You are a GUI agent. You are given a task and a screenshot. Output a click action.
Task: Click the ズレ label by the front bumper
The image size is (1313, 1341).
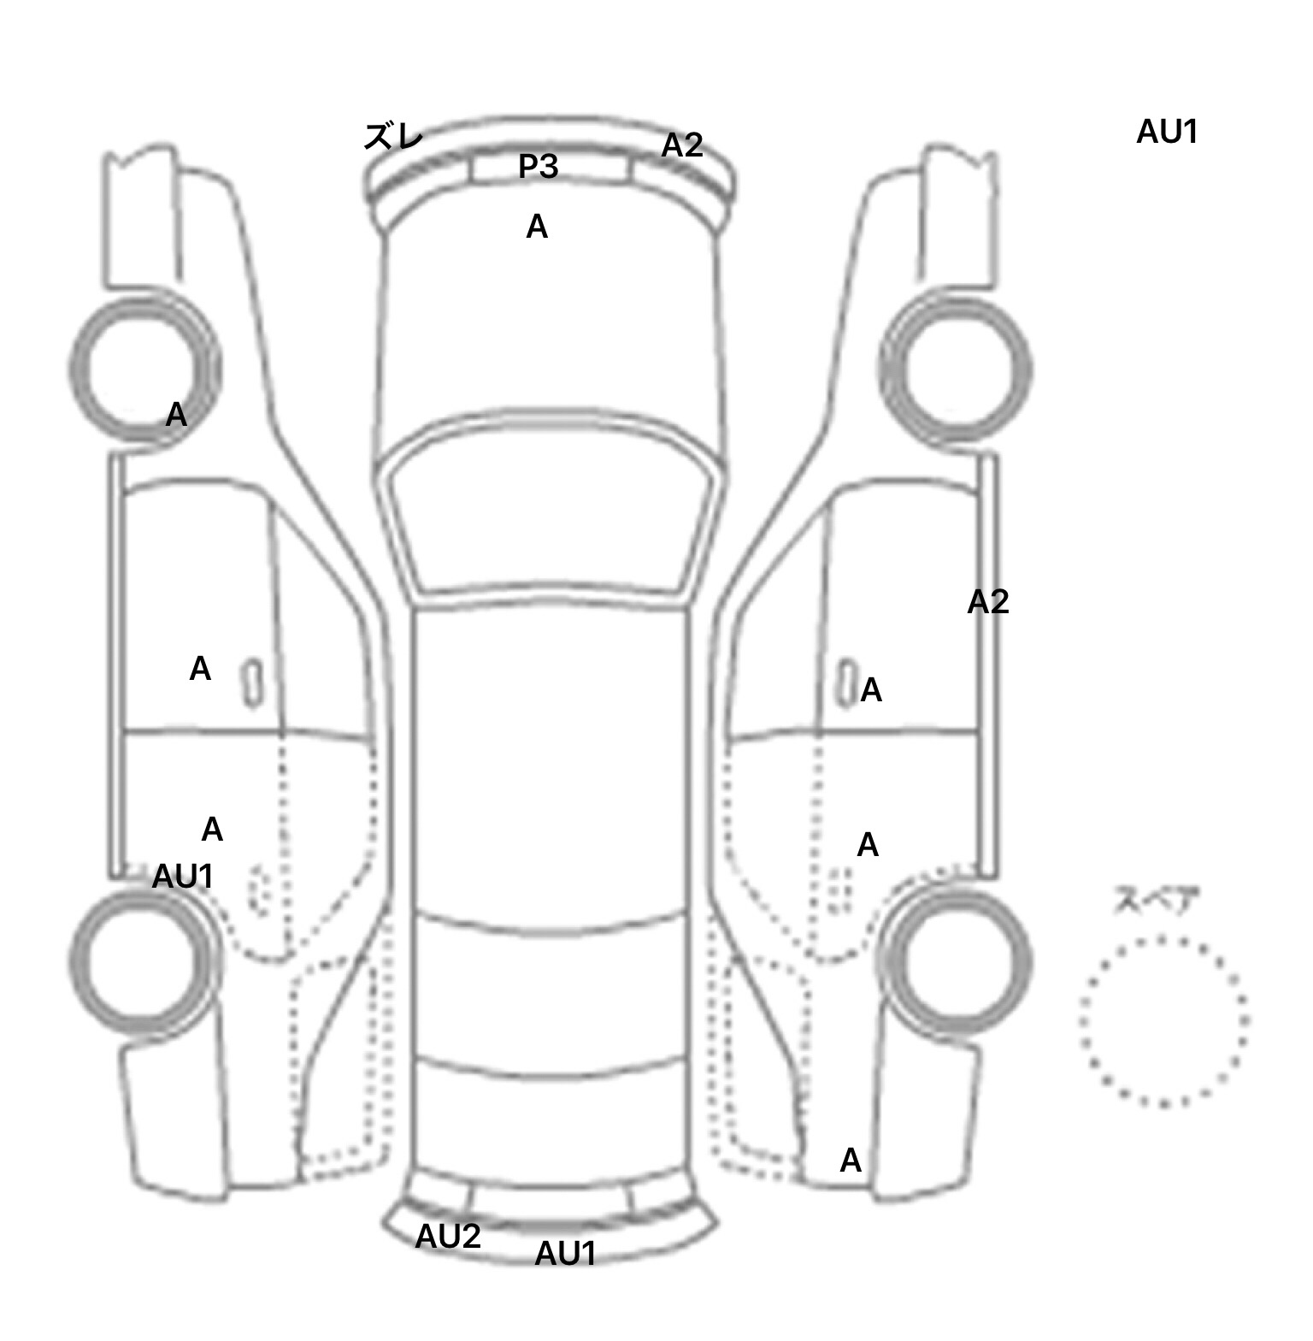click(393, 137)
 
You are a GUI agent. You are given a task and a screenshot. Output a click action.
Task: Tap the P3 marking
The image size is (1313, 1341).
click(539, 166)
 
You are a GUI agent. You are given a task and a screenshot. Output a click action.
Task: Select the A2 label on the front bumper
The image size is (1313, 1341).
click(682, 145)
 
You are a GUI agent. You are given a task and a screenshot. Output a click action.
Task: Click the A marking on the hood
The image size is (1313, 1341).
click(537, 227)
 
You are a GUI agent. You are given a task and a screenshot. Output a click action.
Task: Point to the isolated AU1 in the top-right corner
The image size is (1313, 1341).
click(1167, 132)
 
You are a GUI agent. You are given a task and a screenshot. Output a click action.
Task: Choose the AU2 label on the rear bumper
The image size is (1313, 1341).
click(448, 1236)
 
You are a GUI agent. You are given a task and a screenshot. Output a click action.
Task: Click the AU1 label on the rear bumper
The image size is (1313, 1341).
click(565, 1254)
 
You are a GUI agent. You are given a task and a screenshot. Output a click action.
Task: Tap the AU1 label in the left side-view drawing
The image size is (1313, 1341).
click(182, 877)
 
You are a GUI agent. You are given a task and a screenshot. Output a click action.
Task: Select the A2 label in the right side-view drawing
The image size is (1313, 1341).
click(988, 602)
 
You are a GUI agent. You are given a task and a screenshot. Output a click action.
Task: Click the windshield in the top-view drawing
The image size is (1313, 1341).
click(552, 513)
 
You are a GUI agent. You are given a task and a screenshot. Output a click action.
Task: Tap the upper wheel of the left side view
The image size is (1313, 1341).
click(143, 369)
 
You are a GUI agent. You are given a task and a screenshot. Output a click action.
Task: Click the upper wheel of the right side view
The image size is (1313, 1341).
click(956, 370)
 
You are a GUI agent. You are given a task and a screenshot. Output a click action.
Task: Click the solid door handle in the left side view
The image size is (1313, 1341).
click(253, 683)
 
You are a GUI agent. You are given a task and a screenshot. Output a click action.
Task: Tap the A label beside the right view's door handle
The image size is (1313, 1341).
click(871, 689)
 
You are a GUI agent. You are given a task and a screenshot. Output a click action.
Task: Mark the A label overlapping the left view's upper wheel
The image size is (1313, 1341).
click(176, 415)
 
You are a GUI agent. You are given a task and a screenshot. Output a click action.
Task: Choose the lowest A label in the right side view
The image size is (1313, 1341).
click(851, 1161)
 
